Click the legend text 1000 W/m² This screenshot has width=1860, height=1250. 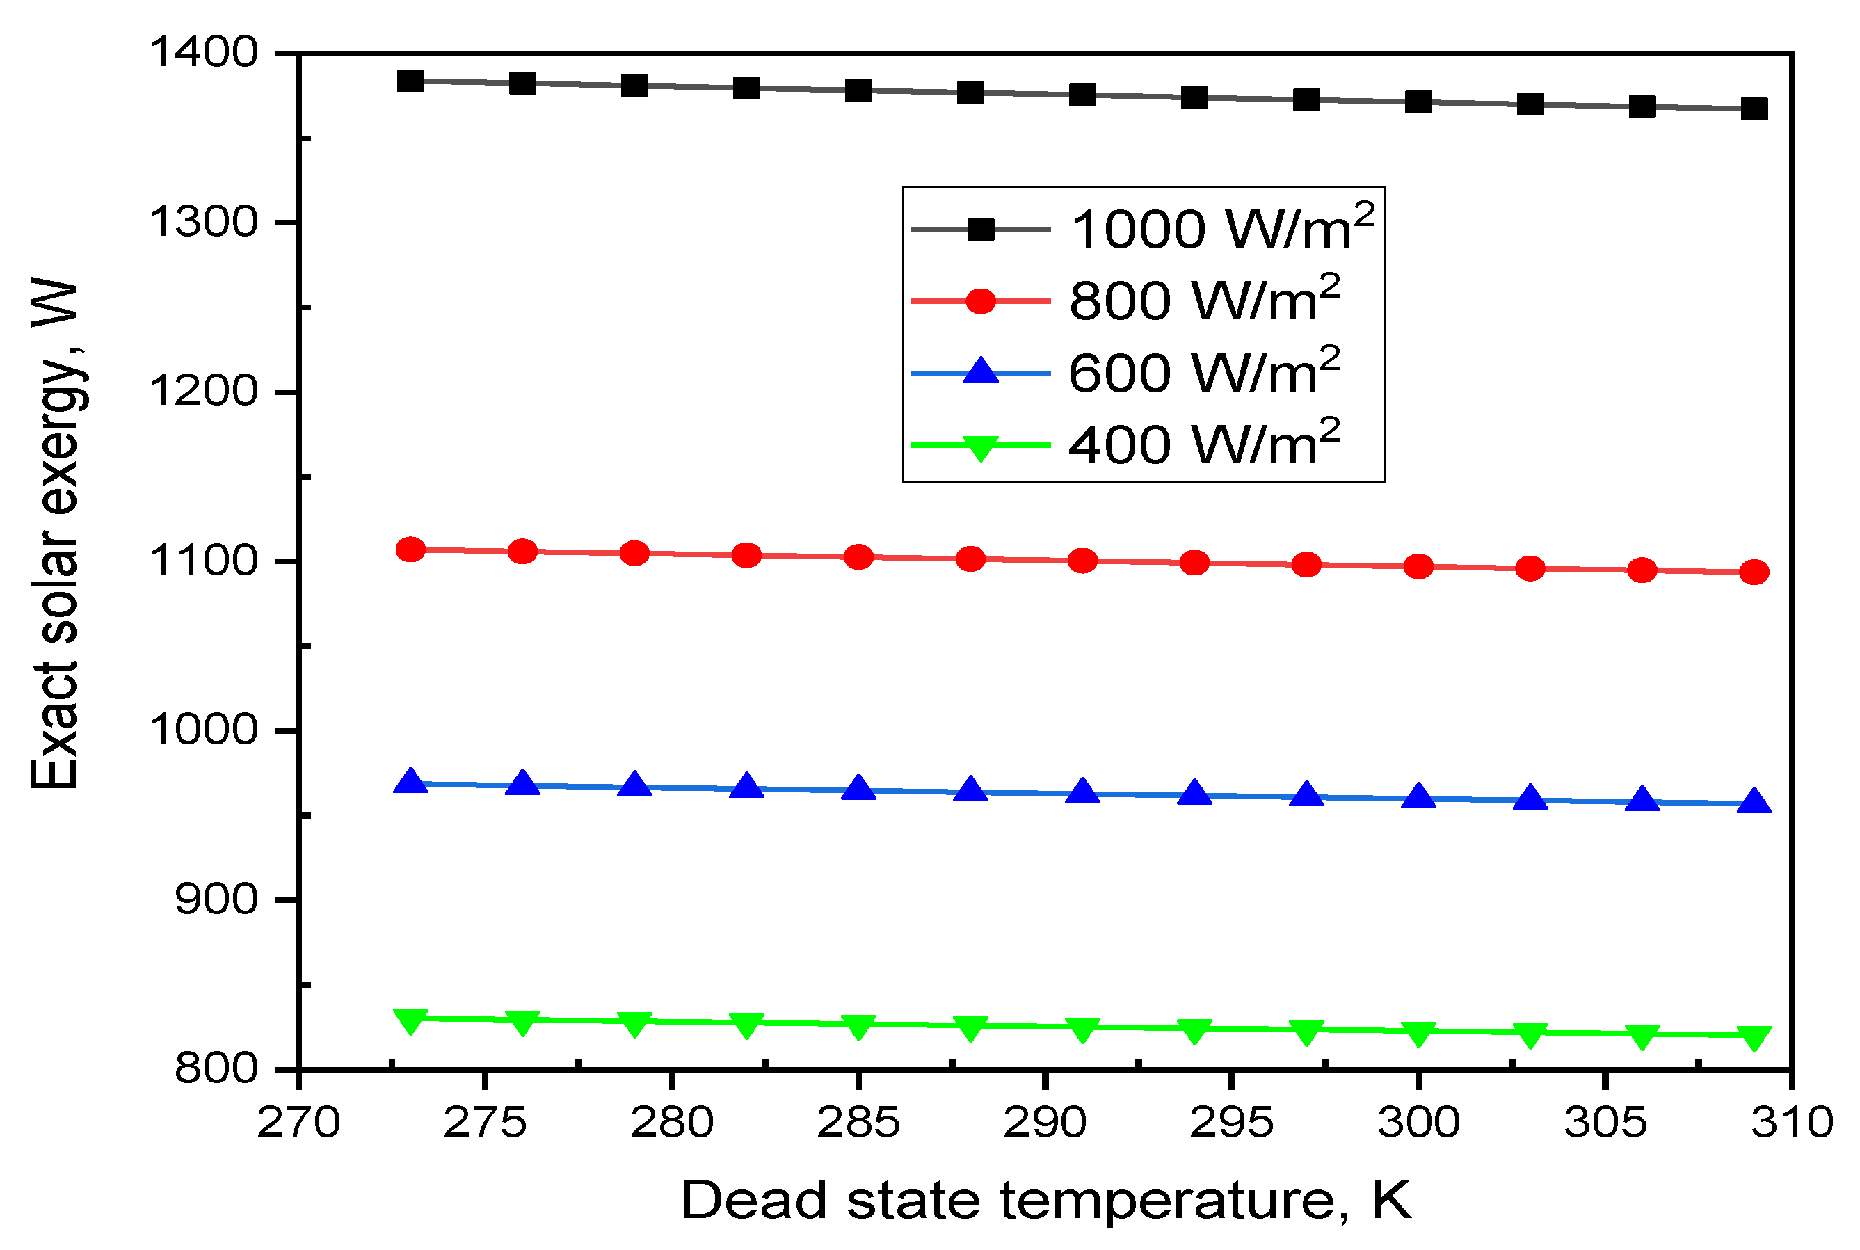(1221, 230)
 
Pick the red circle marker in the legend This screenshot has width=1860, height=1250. (981, 301)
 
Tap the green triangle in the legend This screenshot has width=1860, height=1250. (981, 447)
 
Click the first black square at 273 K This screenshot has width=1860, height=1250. (410, 81)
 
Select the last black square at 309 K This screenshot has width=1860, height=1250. (1754, 109)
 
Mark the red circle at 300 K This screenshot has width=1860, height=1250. (1418, 567)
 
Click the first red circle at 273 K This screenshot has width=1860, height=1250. (410, 550)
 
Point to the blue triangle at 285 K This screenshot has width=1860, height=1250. (858, 788)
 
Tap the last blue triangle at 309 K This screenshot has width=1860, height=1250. (1754, 802)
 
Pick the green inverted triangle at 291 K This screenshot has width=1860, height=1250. (1082, 1029)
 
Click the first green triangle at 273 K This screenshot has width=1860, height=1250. (410, 1021)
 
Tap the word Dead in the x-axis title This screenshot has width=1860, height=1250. (753, 1200)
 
